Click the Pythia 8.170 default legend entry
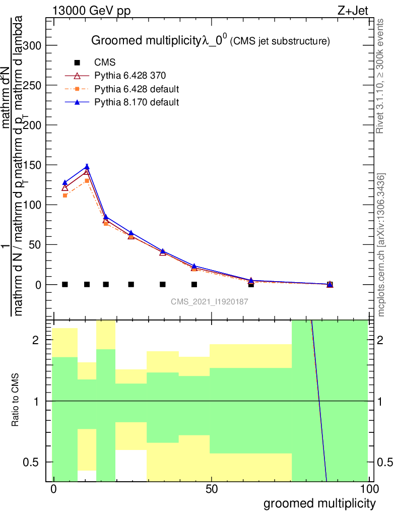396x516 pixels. [136, 102]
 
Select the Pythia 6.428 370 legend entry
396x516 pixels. [130, 76]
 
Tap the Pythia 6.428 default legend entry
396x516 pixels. [137, 89]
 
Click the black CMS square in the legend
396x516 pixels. [77, 62]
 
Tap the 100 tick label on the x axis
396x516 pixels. [368, 489]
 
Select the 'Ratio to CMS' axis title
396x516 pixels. [16, 401]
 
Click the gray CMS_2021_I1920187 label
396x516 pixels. [209, 301]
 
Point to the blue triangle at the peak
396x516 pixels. [87, 167]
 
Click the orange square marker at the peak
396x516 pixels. [87, 180]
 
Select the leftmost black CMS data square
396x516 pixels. [64, 284]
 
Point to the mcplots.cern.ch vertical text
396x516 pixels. [381, 245]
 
